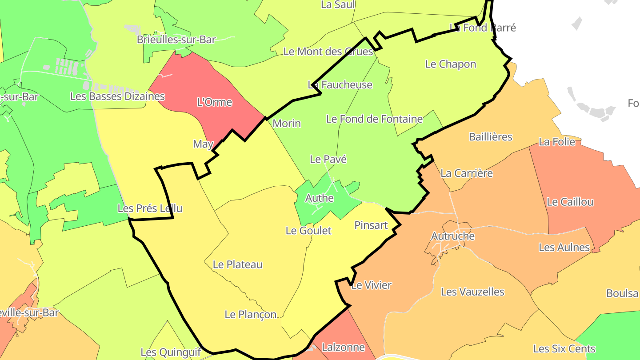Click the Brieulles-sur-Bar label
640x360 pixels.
pos(176,40)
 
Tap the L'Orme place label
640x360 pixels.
pos(214,102)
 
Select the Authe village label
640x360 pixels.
pos(319,198)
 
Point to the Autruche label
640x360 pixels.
pos(453,236)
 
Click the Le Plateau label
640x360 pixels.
pos(238,264)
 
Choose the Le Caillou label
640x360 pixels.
pos(570,202)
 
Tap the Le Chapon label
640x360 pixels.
pos(451,64)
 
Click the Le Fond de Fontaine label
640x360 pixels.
pos(374,119)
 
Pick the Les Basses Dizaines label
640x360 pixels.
pos(117,96)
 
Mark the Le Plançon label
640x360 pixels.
pos(250,315)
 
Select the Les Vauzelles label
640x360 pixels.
pos(472,292)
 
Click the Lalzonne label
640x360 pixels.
pos(343,347)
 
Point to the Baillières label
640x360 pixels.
pos(491,136)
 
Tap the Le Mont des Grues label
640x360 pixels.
pos(328,52)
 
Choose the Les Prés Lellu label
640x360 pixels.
pos(150,208)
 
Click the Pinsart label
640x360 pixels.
pos(371,225)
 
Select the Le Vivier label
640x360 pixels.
pos(371,285)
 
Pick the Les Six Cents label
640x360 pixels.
pos(564,348)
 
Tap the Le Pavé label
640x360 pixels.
pos(328,159)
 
